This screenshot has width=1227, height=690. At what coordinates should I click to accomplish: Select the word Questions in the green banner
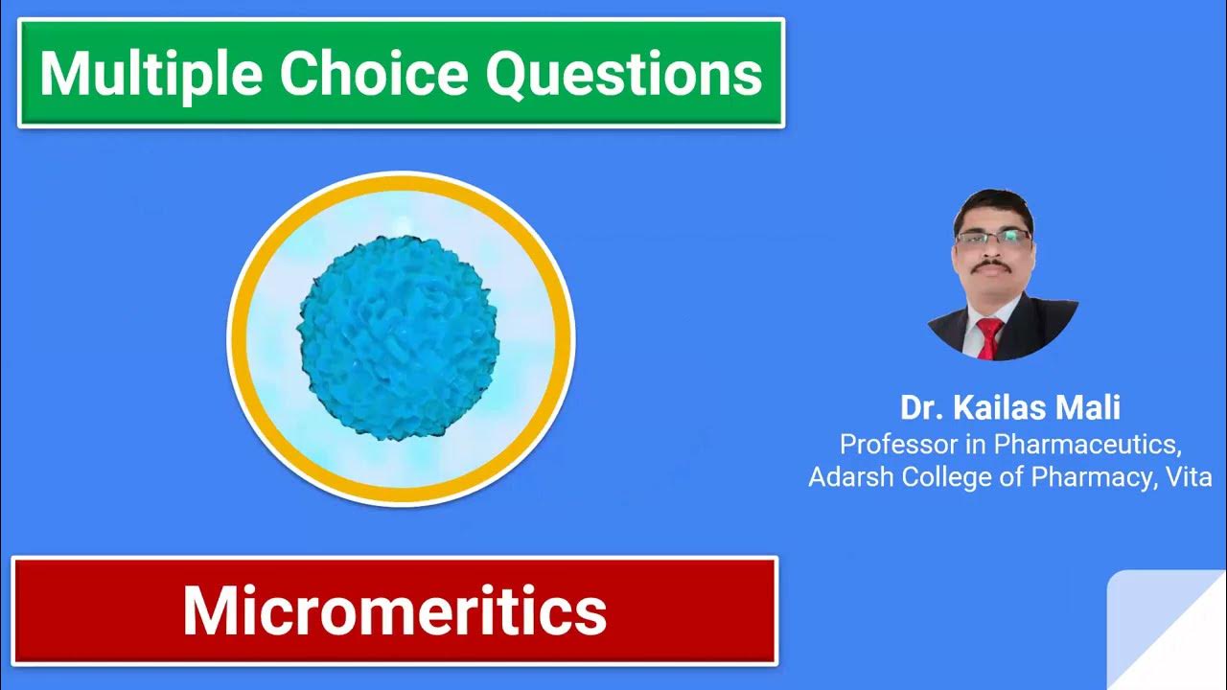[x=624, y=74]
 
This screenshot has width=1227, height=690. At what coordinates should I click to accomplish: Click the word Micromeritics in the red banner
[x=394, y=610]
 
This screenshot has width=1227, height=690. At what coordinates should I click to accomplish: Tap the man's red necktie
[x=988, y=337]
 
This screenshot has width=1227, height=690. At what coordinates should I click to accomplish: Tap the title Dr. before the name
[x=921, y=407]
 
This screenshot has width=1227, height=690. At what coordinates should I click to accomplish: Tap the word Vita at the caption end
[x=1189, y=477]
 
